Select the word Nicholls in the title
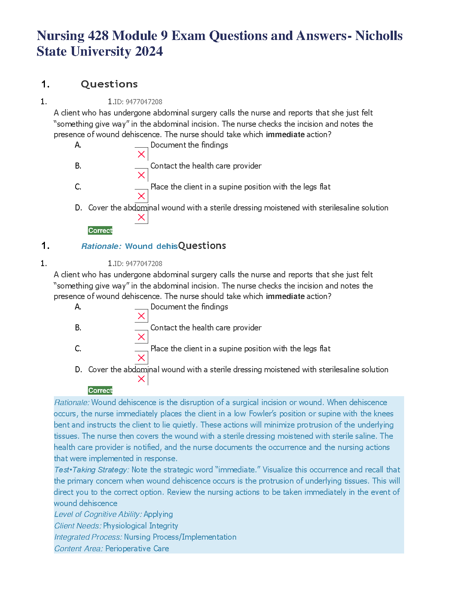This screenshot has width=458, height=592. pos(379,36)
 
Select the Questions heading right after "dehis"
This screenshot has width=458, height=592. pos(202,246)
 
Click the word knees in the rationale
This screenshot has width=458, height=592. pos(384,414)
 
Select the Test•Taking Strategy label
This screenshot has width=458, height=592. pos(91,470)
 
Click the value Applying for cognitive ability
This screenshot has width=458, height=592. pos(158,515)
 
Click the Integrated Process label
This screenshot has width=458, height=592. pos(88,537)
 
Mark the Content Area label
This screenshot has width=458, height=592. pos(79,549)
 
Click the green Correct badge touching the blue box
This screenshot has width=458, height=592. pos(100,391)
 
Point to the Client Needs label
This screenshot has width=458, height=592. pos(77,526)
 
